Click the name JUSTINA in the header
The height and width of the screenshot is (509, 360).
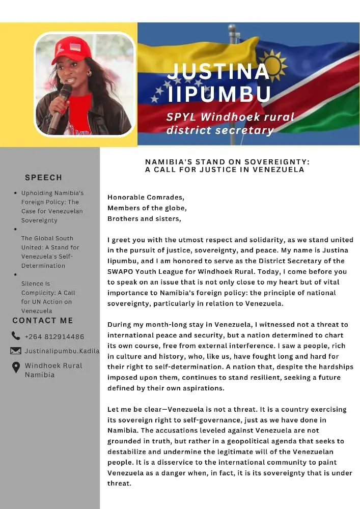pos(218,71)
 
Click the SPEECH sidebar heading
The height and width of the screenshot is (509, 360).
pos(43,178)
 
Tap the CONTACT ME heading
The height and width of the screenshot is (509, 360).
pos(43,321)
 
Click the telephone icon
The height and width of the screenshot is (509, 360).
pos(16,336)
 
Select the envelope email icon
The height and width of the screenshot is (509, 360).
pos(16,351)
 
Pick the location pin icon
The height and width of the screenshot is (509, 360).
pos(16,367)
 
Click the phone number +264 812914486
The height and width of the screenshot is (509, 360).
pos(54,336)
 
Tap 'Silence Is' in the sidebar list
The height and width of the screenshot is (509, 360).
pos(36,284)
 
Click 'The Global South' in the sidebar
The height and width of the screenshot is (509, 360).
pos(47,238)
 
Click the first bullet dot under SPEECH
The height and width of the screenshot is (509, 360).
pos(16,193)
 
